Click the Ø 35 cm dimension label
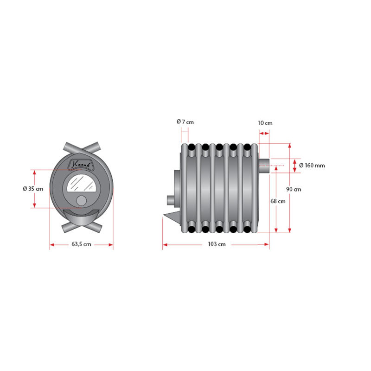(33, 189)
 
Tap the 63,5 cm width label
(82, 244)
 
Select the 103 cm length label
(217, 244)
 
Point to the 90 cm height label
(294, 189)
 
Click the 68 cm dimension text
(278, 201)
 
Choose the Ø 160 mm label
(312, 166)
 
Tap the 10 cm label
(265, 123)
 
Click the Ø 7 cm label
(185, 122)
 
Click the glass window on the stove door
(82, 183)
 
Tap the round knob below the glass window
(82, 201)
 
